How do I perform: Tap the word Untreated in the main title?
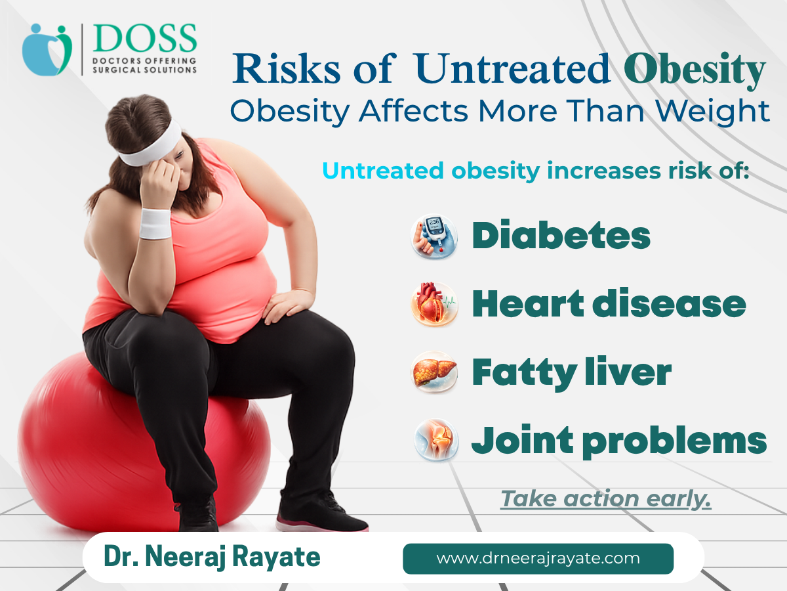click(512, 68)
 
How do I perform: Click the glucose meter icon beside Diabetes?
click(434, 236)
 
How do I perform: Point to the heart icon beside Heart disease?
click(434, 304)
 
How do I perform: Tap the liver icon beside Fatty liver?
click(434, 372)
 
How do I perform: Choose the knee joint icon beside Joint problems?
click(436, 440)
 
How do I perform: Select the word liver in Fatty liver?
click(628, 372)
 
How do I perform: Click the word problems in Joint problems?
click(674, 442)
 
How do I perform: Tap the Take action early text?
click(605, 498)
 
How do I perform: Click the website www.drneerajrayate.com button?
click(538, 559)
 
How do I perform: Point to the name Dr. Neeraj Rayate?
click(212, 557)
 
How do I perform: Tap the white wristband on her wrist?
click(155, 223)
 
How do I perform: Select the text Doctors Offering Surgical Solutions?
click(144, 65)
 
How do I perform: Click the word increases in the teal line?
click(604, 171)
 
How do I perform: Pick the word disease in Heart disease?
click(669, 303)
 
